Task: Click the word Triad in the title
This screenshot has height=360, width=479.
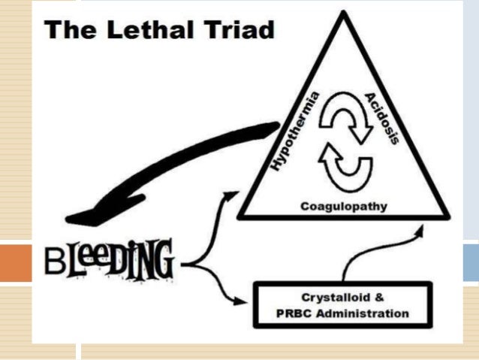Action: tap(240, 31)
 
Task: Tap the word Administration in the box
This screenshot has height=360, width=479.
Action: tap(363, 313)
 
